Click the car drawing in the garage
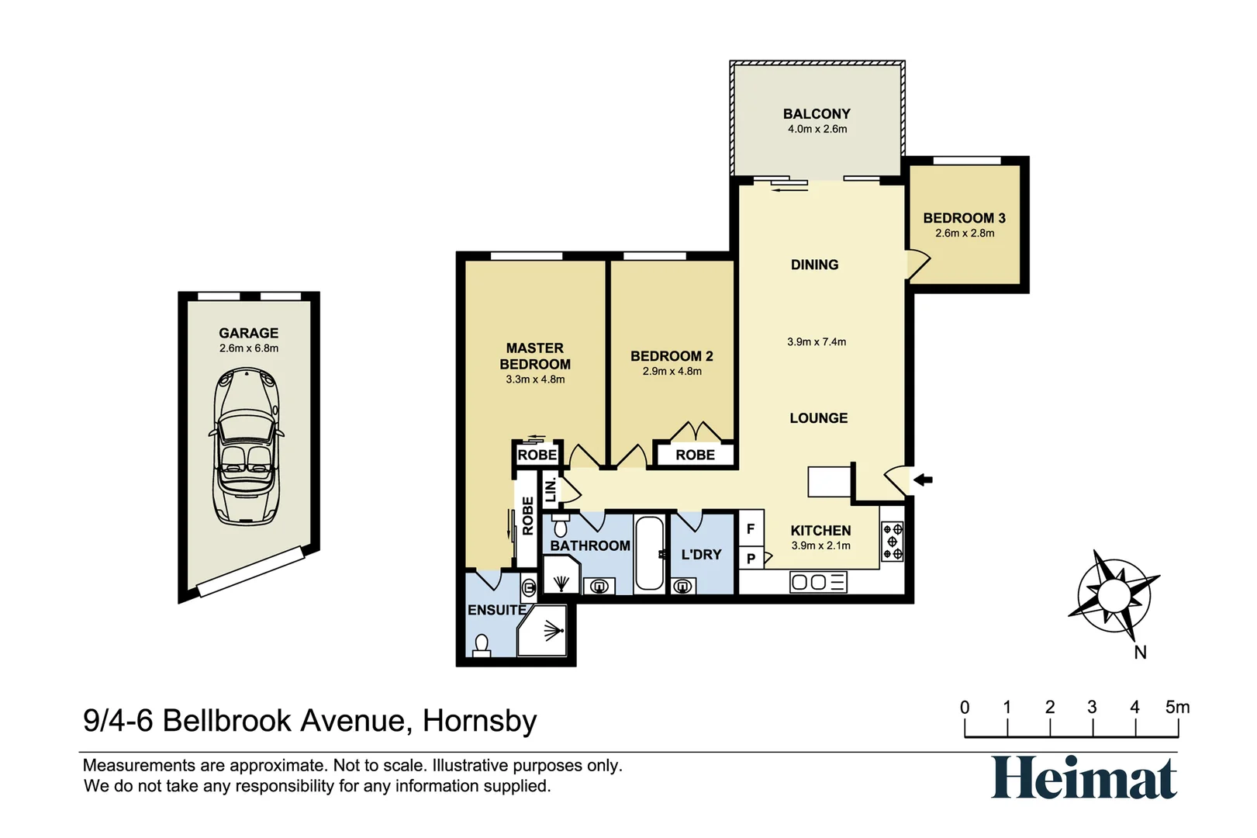point(247,446)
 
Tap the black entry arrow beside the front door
point(923,480)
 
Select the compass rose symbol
point(1114,595)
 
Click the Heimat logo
point(1083,778)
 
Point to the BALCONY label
point(817,114)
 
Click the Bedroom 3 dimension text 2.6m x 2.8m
point(965,233)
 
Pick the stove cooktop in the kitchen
point(893,542)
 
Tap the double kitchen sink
point(818,583)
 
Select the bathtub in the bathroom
point(649,553)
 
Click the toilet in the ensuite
point(482,646)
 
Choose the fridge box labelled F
point(751,528)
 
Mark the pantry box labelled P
point(751,559)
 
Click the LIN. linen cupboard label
point(551,490)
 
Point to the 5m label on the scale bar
point(1177,707)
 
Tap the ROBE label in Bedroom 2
point(696,455)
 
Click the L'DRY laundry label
point(701,555)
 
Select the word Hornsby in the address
point(480,721)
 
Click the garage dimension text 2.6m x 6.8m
point(249,348)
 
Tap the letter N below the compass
point(1140,653)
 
